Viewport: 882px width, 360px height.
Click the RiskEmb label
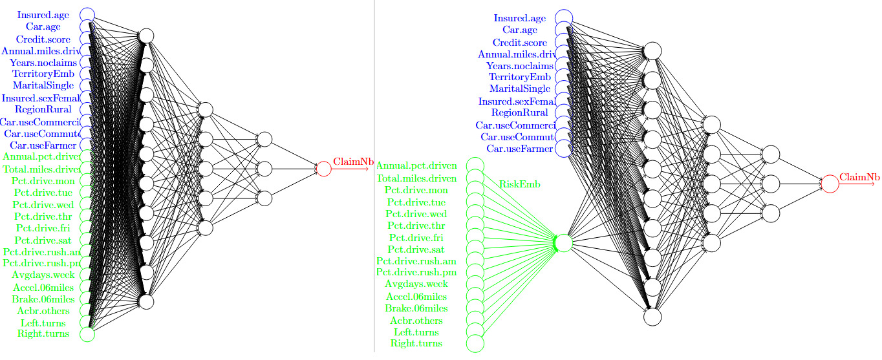[x=520, y=184]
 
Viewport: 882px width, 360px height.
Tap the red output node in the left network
[x=324, y=169]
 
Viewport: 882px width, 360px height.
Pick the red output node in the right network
[x=830, y=184]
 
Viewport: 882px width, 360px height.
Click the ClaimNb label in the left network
[x=353, y=162]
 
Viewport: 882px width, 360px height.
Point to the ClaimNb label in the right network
[x=859, y=176]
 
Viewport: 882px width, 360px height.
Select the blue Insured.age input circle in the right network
[x=563, y=18]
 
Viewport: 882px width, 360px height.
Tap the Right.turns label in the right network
[x=417, y=343]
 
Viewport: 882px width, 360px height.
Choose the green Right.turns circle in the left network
[x=87, y=334]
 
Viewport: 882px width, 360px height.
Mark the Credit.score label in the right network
[x=521, y=42]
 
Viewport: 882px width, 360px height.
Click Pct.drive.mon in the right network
[x=416, y=190]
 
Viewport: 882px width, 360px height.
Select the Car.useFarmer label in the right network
[x=520, y=149]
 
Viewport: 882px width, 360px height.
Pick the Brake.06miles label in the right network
[x=416, y=308]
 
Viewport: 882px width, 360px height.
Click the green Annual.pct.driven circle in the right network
[x=475, y=166]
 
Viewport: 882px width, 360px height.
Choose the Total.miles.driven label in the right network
[x=417, y=178]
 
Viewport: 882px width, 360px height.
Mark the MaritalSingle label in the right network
[x=521, y=89]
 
